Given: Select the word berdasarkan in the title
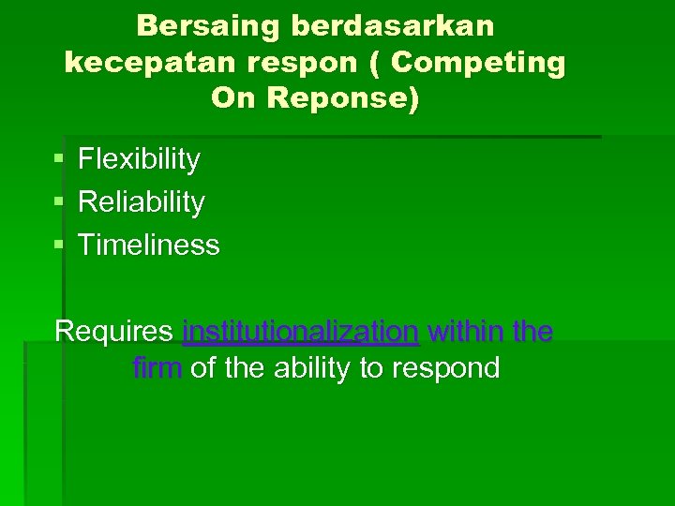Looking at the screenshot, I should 393,26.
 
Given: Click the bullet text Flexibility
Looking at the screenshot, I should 139,160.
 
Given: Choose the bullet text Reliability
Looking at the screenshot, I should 141,202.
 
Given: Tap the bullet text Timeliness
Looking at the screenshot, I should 148,246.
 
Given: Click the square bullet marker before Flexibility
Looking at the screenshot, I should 59,160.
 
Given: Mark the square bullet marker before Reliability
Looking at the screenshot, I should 59,202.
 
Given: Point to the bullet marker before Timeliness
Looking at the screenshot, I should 59,246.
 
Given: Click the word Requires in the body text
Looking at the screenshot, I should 113,332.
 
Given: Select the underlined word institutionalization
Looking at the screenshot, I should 300,332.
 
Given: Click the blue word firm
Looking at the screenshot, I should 157,368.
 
